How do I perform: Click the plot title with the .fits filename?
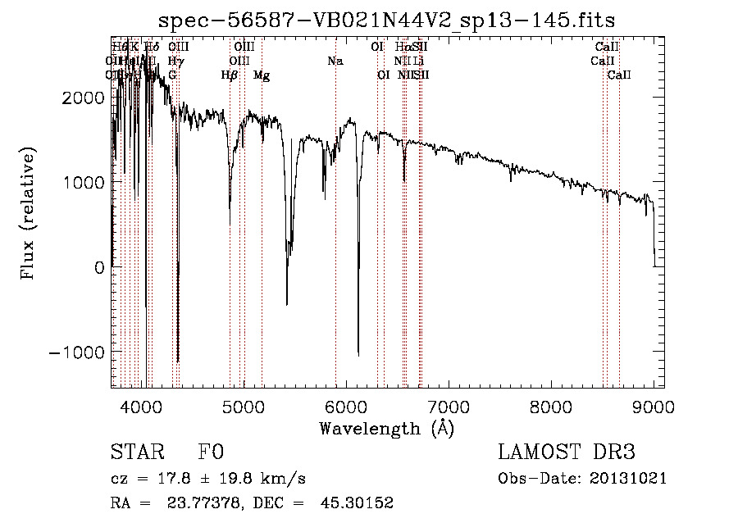[x=387, y=20]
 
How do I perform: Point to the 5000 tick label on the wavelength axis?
[x=244, y=406]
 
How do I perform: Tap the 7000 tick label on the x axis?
[x=449, y=406]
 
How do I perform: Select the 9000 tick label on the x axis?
[x=654, y=406]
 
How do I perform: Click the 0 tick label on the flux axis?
[x=98, y=267]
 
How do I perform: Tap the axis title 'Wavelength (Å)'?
[x=386, y=428]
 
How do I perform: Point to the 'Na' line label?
[x=335, y=61]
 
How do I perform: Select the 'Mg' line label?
[x=262, y=75]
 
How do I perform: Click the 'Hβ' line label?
[x=230, y=75]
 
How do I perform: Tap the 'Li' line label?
[x=418, y=61]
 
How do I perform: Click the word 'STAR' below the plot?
[x=135, y=453]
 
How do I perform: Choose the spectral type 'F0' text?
[x=211, y=453]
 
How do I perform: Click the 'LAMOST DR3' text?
[x=567, y=453]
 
